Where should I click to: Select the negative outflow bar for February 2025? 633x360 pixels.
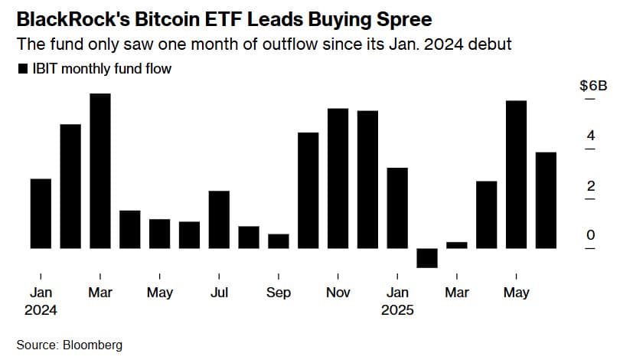tap(427, 258)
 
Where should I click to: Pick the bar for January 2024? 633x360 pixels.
tap(41, 214)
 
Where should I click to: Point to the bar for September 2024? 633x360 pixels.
tap(279, 241)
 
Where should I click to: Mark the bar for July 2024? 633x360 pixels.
tap(219, 220)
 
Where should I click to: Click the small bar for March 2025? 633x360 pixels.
tap(457, 245)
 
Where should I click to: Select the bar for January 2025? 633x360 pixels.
tap(397, 208)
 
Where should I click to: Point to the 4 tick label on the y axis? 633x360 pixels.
tap(590, 136)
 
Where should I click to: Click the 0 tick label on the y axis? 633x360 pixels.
tap(590, 236)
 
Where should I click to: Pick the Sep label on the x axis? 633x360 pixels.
tap(279, 293)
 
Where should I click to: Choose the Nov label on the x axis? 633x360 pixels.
tap(338, 293)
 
